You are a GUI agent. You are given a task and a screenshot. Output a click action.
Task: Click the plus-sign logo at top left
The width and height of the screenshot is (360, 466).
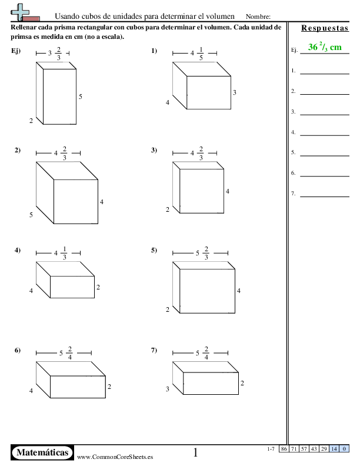coord(20,12)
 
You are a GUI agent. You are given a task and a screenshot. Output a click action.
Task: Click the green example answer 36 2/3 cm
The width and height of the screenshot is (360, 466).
coord(325,47)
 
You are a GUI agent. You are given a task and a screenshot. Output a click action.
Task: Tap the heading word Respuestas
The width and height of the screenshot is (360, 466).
coord(325,28)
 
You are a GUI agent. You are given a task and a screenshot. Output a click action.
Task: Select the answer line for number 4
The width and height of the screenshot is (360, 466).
coord(325,135)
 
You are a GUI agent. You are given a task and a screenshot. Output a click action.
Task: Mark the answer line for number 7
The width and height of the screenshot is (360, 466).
coord(325,197)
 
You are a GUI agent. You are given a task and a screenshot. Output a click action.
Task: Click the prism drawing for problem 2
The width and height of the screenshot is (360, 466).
coord(67,192)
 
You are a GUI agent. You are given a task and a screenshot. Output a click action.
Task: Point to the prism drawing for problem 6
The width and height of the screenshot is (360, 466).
coord(71,380)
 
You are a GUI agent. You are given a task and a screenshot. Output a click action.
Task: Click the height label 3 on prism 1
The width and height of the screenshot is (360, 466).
coord(234,92)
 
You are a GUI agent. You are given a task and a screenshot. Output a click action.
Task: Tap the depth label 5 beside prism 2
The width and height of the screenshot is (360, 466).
coord(31,215)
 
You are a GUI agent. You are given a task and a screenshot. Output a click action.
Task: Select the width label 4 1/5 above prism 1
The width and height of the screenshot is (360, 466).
coord(197,53)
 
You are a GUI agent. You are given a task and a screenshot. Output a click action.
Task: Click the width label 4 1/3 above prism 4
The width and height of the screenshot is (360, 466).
coord(61,253)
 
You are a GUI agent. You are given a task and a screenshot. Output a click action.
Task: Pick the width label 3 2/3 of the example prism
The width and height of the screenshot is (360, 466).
coord(54,53)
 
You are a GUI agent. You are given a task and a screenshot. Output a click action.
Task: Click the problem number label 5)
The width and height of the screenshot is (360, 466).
coord(154,250)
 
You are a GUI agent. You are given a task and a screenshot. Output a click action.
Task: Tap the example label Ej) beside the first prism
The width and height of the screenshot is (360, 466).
coord(16,51)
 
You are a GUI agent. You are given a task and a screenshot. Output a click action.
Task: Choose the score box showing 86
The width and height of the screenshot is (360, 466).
coord(284,448)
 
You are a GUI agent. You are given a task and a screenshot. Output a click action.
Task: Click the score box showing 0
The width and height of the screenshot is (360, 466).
coord(344,448)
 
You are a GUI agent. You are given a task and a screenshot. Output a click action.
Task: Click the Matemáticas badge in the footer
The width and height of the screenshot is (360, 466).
coord(42,452)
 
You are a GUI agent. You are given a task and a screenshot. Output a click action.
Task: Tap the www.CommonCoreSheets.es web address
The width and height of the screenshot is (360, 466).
coord(115,457)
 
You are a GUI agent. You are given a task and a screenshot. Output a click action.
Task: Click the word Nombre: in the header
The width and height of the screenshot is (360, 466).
coord(258,16)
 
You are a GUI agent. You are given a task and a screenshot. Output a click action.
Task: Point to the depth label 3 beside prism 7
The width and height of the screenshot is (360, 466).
coord(167,389)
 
